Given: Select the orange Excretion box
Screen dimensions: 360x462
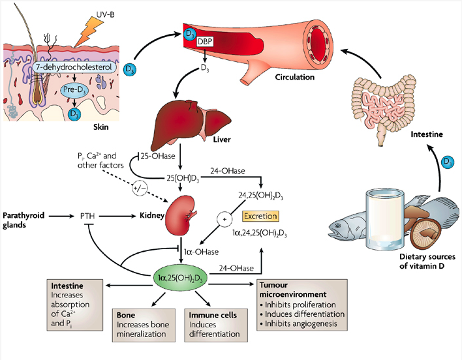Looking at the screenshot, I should (259, 215).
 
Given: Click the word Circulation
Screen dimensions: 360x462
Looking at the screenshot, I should (295, 77).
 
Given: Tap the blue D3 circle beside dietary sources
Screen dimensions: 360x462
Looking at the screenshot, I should (447, 161).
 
